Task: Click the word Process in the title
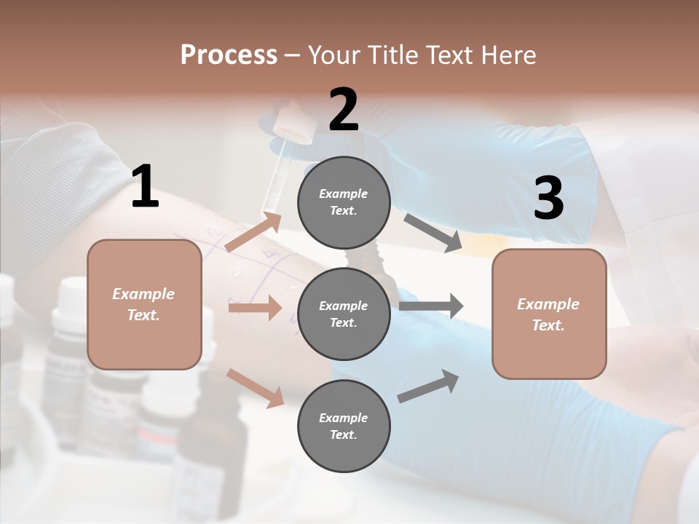[x=229, y=55]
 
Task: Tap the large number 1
[x=145, y=186]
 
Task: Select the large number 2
[x=344, y=109]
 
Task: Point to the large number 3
[x=548, y=198]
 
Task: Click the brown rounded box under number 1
[x=144, y=304]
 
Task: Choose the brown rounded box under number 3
[x=549, y=314]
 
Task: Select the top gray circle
[x=344, y=202]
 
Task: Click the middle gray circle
[x=344, y=314]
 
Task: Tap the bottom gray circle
[x=344, y=426]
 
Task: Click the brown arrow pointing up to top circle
[x=254, y=232]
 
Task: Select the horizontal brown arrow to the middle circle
[x=255, y=308]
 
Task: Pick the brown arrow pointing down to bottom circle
[x=256, y=387]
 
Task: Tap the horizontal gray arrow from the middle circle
[x=430, y=306]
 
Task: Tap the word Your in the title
[x=334, y=55]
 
